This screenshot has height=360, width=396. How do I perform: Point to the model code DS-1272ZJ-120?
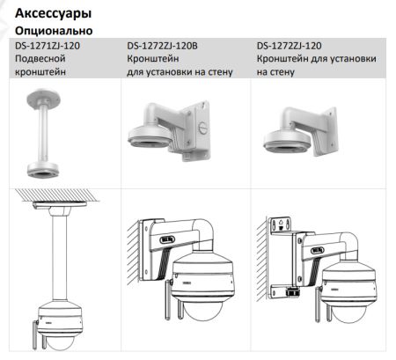tap(289, 45)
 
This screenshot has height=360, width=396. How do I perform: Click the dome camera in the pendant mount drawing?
tap(54, 320)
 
